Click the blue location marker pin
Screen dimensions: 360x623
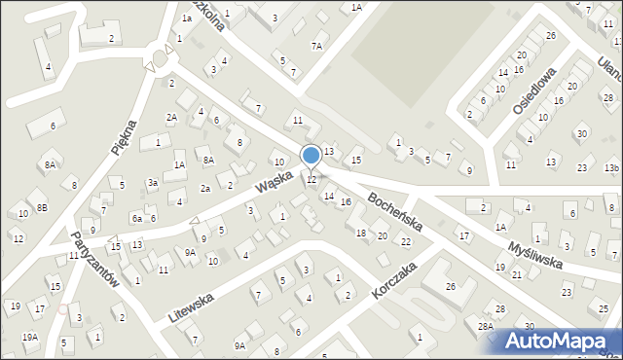(311, 156)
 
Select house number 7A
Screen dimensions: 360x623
(316, 46)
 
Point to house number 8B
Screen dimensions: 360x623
(42, 207)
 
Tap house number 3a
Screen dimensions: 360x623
(153, 183)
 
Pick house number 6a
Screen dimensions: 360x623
(137, 219)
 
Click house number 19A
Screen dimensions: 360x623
(30, 337)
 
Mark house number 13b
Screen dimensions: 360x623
(610, 168)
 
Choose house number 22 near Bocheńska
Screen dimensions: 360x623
(406, 241)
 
